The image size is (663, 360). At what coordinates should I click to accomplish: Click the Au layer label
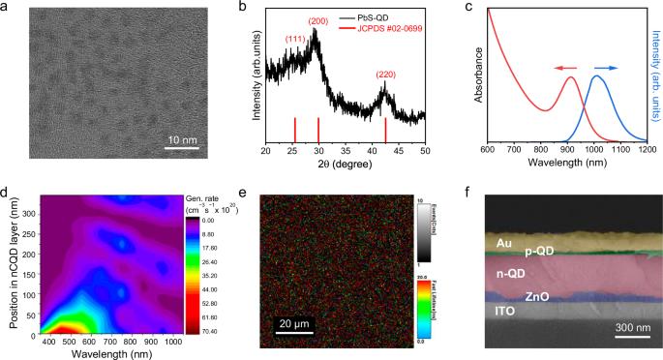tap(503, 243)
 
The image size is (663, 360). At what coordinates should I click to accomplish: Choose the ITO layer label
tap(505, 312)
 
